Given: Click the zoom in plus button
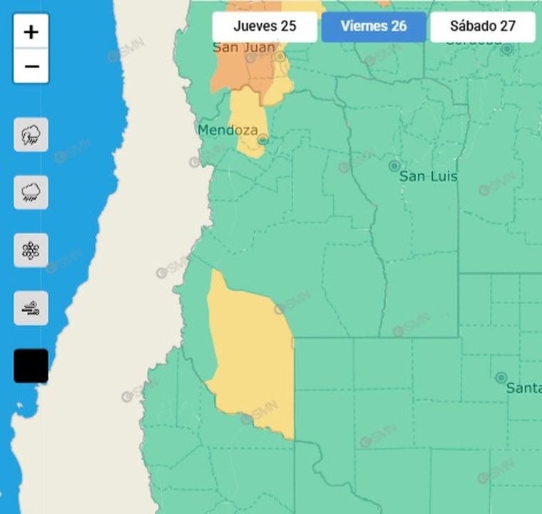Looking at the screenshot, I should tap(31, 31).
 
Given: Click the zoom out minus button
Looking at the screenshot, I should tap(31, 66).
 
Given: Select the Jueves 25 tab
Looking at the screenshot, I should tap(265, 26).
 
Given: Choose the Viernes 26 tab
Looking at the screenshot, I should tap(374, 26).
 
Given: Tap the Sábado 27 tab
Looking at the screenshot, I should tap(482, 26).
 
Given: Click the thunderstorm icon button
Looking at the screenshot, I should tap(31, 135).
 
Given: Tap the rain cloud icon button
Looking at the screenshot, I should tap(31, 192).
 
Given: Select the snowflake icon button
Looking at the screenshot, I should tap(31, 250).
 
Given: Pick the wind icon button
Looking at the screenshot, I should tap(31, 308).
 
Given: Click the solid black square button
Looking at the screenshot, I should tap(31, 366).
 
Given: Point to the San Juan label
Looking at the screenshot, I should tap(244, 48).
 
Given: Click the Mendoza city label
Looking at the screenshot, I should tap(226, 131).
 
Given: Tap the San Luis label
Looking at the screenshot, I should tap(428, 176).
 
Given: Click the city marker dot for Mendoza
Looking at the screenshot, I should tap(262, 140).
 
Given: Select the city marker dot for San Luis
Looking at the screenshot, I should tap(394, 166).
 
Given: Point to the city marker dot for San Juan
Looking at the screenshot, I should tap(280, 56).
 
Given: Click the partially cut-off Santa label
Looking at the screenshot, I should tap(523, 388).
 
